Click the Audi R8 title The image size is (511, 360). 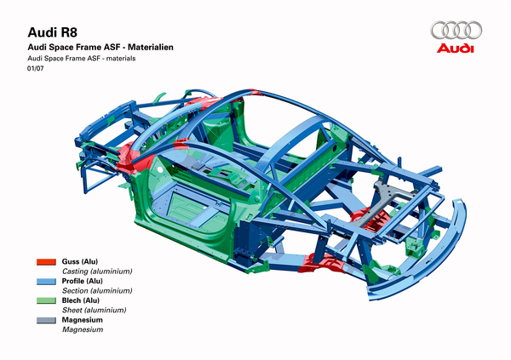[53, 32]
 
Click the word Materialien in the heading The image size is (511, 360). [151, 48]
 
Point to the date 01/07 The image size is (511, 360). [35, 69]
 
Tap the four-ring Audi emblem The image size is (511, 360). [456, 31]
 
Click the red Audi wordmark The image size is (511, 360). [456, 49]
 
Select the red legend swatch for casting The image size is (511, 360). [46, 262]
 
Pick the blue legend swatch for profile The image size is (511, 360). [46, 282]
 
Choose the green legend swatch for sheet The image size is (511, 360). [46, 300]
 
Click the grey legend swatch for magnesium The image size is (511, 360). [46, 320]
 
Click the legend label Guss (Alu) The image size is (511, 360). [80, 261]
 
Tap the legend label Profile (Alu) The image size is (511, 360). [82, 281]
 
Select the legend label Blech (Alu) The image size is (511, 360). [81, 300]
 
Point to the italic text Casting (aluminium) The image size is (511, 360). [97, 271]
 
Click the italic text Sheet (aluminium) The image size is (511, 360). [95, 310]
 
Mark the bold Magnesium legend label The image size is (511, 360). [82, 320]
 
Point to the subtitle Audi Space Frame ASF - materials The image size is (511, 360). [82, 59]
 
